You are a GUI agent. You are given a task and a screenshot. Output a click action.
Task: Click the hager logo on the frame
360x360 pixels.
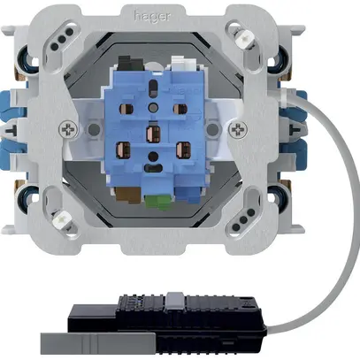point(152,16)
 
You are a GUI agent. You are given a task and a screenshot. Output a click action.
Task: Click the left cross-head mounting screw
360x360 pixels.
point(68,129)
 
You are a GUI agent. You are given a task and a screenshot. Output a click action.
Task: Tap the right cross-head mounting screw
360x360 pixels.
point(238,129)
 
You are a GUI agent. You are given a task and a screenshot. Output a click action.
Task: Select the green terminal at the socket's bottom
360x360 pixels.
point(159,202)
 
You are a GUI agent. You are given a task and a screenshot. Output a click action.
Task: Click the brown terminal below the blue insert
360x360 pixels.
point(127,195)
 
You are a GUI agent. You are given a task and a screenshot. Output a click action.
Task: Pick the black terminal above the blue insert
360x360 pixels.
point(130,63)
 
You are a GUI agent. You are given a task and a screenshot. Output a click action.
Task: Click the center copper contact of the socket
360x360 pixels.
point(152,133)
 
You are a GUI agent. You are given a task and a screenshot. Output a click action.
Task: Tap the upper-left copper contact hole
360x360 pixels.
point(125,109)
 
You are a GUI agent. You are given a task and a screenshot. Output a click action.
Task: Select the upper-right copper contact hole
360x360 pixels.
point(180,109)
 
